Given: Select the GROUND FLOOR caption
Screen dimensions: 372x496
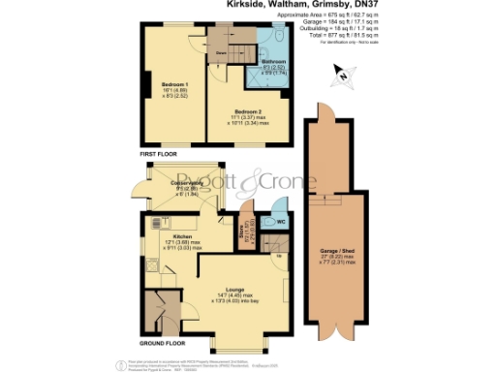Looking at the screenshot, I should [x=162, y=342].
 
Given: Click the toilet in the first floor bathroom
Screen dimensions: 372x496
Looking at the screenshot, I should [x=279, y=36].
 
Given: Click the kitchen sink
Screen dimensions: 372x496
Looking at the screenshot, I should [x=155, y=221].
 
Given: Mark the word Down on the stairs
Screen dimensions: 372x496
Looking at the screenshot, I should [x=222, y=50].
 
